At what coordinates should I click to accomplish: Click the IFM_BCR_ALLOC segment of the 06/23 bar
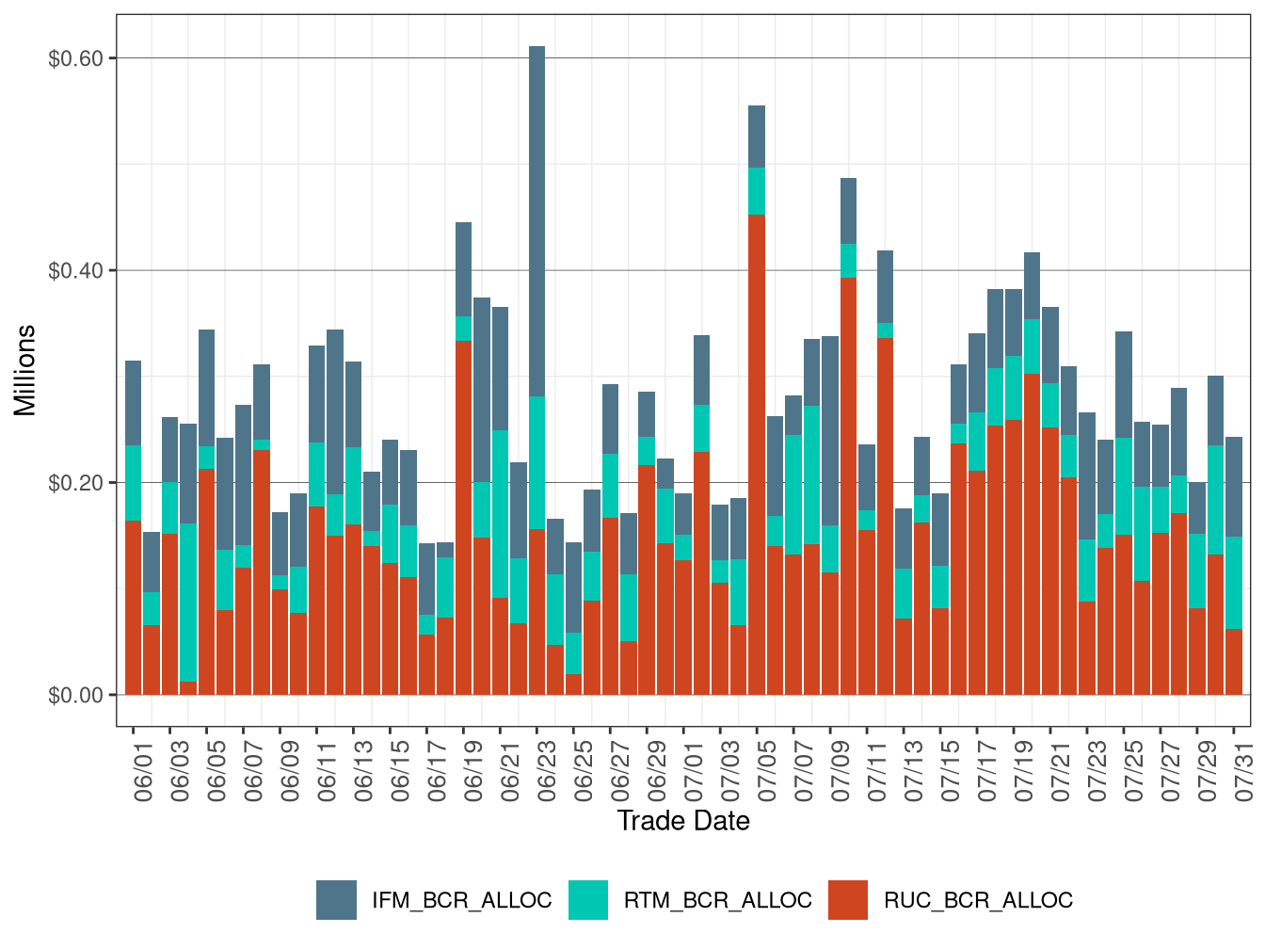click(536, 221)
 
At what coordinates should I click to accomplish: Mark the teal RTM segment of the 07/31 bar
click(1234, 583)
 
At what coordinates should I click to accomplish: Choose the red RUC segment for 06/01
click(133, 607)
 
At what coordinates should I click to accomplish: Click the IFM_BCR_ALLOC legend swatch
click(336, 900)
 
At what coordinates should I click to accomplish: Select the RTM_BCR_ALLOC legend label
click(717, 901)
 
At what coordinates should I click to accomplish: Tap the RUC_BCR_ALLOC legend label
click(978, 901)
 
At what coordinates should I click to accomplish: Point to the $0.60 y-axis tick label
click(75, 58)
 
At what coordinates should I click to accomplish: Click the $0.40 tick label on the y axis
click(75, 271)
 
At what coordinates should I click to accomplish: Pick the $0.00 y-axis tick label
click(75, 696)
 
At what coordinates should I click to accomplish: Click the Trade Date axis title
click(683, 821)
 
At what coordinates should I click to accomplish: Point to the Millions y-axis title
click(25, 370)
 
